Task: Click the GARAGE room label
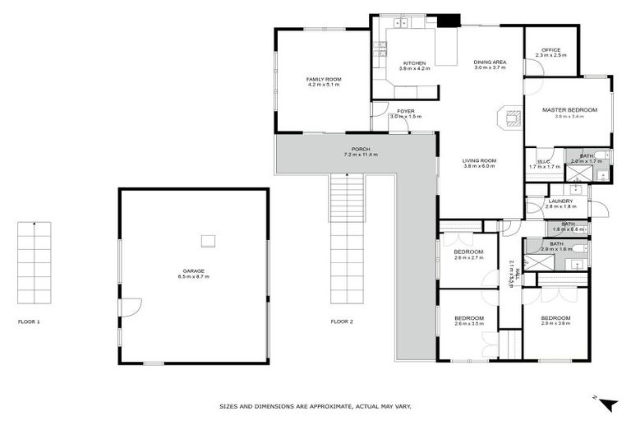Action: click(194, 271)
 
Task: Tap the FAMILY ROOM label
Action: click(324, 79)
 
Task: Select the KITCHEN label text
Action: click(414, 63)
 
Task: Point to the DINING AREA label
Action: click(490, 62)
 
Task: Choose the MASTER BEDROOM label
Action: click(569, 109)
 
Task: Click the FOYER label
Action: click(406, 111)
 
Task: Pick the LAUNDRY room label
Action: click(562, 201)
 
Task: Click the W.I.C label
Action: click(543, 161)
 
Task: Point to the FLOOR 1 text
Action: click(29, 322)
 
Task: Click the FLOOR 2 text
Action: click(342, 322)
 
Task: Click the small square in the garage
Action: click(209, 240)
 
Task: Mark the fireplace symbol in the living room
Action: click(511, 118)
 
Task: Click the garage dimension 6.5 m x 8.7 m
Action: click(194, 276)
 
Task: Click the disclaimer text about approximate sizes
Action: click(315, 405)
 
